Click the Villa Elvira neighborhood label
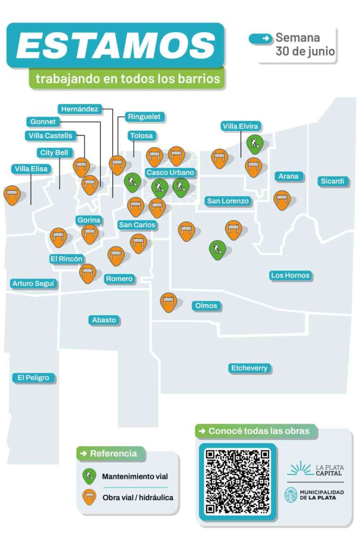(x=240, y=127)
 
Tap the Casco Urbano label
(x=170, y=172)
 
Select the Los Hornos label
(x=290, y=275)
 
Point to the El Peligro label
(x=33, y=378)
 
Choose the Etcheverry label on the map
(x=249, y=368)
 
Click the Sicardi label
(x=332, y=181)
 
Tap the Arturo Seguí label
(x=33, y=284)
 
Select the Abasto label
(x=104, y=320)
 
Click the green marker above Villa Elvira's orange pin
(x=255, y=144)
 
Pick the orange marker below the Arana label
(x=282, y=200)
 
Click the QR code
(x=238, y=481)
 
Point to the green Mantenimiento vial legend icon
(x=89, y=476)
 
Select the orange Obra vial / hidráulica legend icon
(x=89, y=497)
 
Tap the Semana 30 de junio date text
(x=305, y=44)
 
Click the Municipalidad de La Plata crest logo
(x=291, y=495)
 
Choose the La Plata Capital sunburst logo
(x=300, y=469)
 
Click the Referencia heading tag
(x=110, y=454)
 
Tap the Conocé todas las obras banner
(x=255, y=431)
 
